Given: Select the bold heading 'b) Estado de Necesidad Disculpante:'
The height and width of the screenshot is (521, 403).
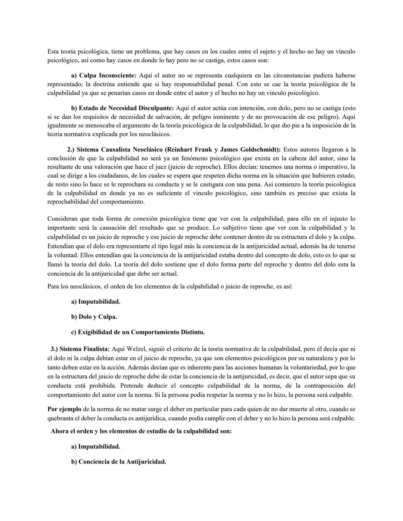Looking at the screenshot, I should point(122,108).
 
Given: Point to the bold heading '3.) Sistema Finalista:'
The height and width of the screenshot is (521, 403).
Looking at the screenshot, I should point(80,349).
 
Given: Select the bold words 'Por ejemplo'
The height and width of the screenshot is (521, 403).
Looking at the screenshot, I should point(64,409).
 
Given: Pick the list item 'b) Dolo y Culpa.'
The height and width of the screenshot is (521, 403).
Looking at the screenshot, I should point(94,317).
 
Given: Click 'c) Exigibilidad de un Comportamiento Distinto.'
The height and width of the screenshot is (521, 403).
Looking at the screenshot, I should point(138,332).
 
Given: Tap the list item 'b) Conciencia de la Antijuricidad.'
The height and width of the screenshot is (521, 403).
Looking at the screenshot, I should point(118,462).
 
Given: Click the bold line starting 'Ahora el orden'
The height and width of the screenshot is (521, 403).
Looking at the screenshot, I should point(141,431).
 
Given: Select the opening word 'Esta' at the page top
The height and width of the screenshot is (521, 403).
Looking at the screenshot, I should point(53,51).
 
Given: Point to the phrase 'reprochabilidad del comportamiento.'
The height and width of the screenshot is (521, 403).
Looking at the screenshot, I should point(96,202).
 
